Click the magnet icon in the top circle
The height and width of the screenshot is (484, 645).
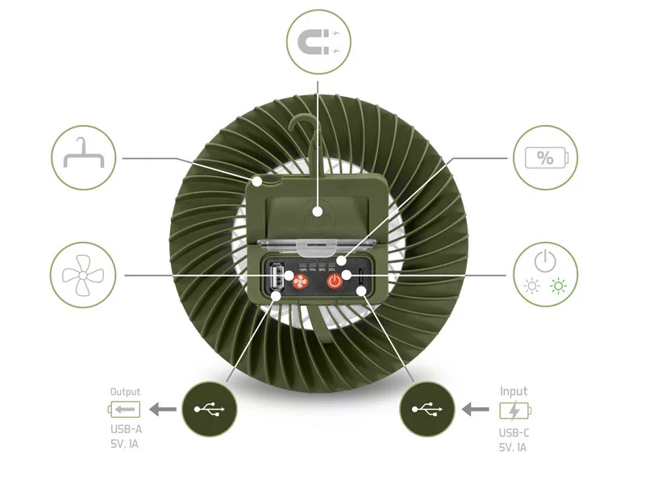click(x=318, y=40)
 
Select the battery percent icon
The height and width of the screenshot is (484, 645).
click(x=545, y=157)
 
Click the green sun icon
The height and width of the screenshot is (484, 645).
click(x=558, y=286)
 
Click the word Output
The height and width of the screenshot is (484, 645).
click(x=125, y=392)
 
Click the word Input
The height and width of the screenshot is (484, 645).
click(x=514, y=391)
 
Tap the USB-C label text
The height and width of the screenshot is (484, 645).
click(x=514, y=432)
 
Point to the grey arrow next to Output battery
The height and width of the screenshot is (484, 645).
click(x=164, y=410)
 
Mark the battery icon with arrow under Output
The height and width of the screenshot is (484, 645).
click(x=125, y=410)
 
